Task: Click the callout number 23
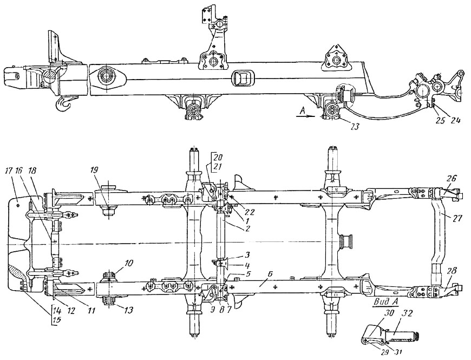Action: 355,127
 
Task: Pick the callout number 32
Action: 407,315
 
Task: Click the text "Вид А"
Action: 385,302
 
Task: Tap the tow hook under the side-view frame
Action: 64,103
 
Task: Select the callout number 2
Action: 248,230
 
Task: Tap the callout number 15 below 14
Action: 56,320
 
